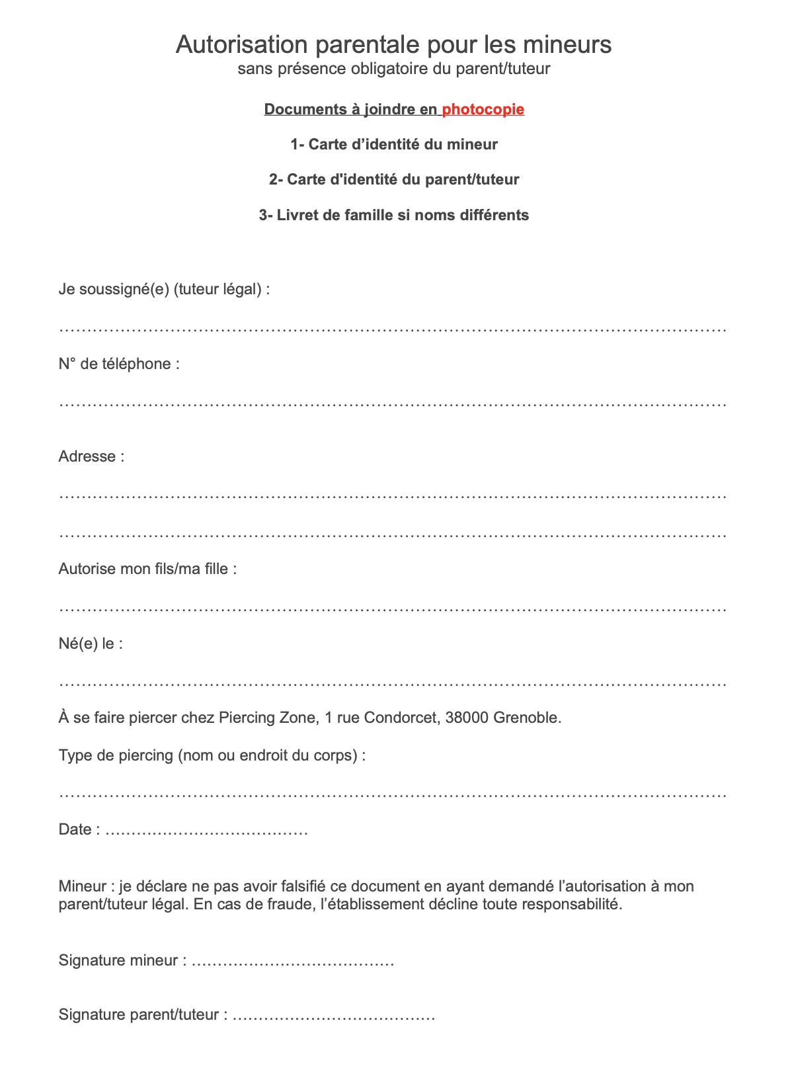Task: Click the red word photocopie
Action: pyautogui.click(x=483, y=110)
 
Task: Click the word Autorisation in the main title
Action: pyautogui.click(x=241, y=45)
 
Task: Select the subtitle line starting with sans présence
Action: pyautogui.click(x=394, y=69)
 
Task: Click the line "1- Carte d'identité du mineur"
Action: pyautogui.click(x=394, y=145)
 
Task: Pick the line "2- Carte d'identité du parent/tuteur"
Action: pyautogui.click(x=394, y=180)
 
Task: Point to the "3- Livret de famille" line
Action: pyautogui.click(x=394, y=216)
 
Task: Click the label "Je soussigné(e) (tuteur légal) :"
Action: pyautogui.click(x=164, y=290)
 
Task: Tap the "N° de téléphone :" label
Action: pyautogui.click(x=119, y=364)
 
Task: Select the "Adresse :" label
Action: pyautogui.click(x=91, y=457)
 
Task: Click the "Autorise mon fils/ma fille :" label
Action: pyautogui.click(x=147, y=569)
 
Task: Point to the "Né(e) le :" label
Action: pyautogui.click(x=91, y=644)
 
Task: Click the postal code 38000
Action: pyautogui.click(x=467, y=718)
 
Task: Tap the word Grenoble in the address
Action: pyautogui.click(x=527, y=718)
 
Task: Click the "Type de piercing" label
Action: pyautogui.click(x=212, y=756)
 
